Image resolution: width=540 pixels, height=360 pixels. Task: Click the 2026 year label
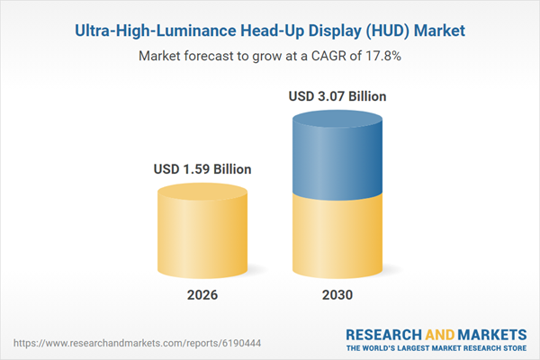202,295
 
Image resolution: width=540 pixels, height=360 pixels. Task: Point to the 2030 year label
337,295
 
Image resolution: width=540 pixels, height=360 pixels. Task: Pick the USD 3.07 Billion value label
337,95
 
